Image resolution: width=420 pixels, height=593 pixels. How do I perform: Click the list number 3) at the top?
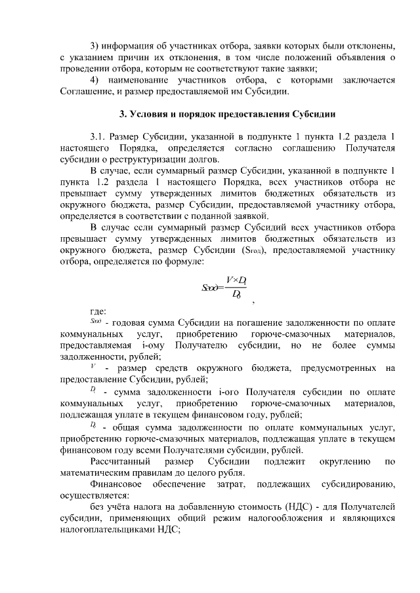(94, 45)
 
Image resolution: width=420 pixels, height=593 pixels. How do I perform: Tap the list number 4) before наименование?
(94, 80)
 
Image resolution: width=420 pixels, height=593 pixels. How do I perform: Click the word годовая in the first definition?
(129, 322)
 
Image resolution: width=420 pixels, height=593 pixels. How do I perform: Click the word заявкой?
(250, 215)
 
